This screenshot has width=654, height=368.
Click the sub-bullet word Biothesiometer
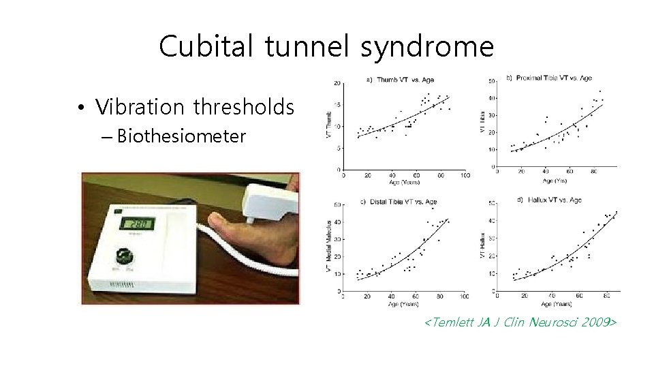pos(181,136)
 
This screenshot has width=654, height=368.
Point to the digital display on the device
pos(134,224)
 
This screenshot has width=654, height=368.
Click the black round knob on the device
pos(125,258)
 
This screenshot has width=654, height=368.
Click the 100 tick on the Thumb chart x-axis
pos(465,175)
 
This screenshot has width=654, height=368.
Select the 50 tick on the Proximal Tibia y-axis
pos(492,82)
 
